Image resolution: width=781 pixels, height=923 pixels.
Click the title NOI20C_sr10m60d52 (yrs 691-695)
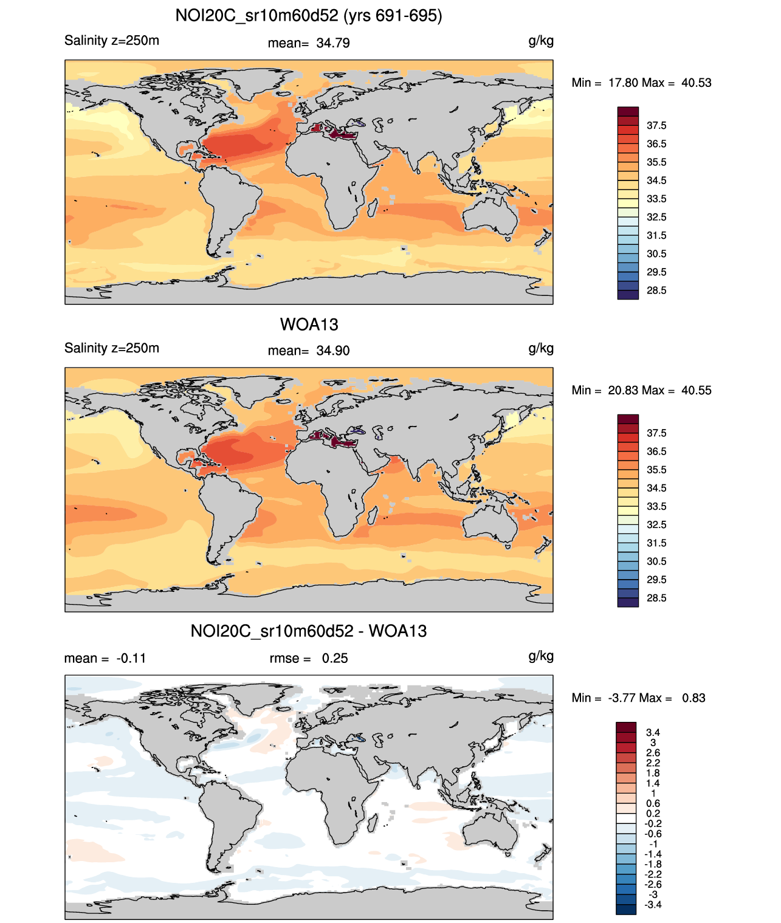click(309, 16)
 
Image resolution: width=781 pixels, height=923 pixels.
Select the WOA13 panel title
click(309, 324)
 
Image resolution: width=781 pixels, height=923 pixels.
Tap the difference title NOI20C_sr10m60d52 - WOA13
click(309, 631)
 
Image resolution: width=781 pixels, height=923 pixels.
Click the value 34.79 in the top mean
click(333, 43)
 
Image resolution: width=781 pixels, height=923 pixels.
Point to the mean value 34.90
click(333, 351)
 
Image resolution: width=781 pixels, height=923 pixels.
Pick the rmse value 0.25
click(335, 659)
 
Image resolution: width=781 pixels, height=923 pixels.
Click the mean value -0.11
click(131, 659)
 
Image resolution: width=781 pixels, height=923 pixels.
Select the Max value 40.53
click(696, 83)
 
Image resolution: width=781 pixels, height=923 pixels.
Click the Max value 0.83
click(693, 698)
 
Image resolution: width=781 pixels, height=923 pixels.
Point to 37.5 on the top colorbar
click(656, 126)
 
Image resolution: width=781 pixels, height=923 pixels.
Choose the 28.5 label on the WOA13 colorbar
click(656, 598)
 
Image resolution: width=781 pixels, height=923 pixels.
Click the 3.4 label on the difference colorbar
click(653, 733)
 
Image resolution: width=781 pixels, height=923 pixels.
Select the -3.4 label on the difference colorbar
click(653, 905)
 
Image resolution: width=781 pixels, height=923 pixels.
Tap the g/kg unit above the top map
click(541, 41)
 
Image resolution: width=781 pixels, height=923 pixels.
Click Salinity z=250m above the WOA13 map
click(112, 348)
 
